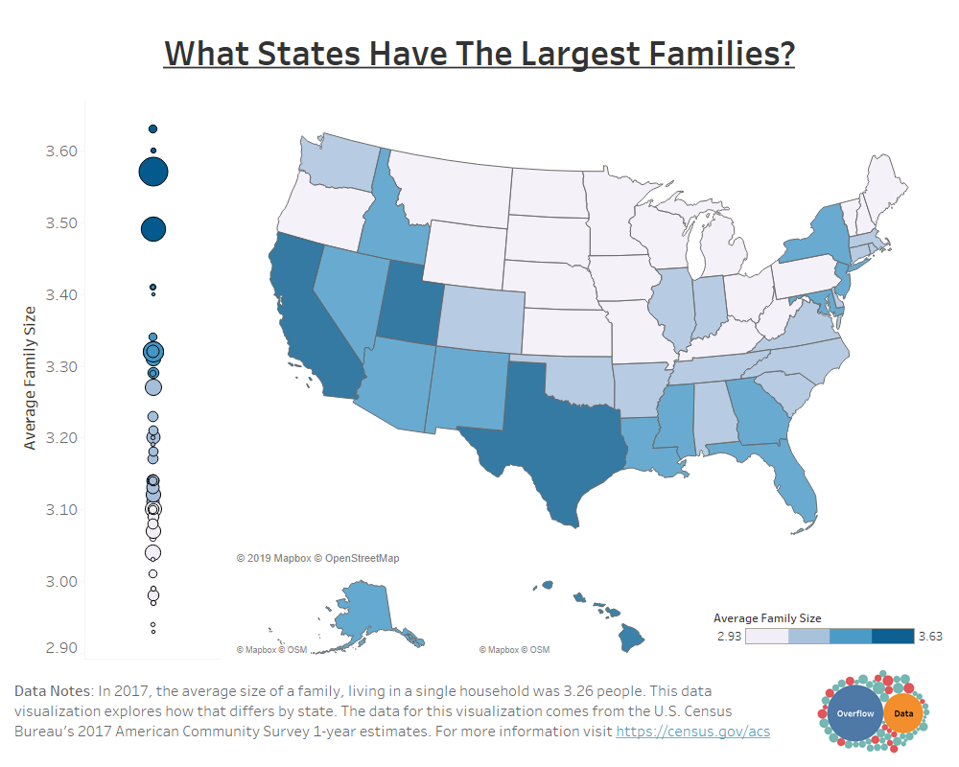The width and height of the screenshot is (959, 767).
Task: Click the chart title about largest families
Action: coord(479,53)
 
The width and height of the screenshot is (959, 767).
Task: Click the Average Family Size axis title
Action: coord(30,377)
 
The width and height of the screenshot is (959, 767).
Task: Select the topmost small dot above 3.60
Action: coord(152,128)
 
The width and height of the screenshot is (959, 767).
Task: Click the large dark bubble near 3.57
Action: coord(153,172)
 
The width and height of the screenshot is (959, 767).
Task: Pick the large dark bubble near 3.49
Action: coord(153,229)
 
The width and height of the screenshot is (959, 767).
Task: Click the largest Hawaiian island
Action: coord(632,637)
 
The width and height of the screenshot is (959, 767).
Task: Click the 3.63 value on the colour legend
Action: coord(928,636)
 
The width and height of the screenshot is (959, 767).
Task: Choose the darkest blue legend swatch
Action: coord(893,636)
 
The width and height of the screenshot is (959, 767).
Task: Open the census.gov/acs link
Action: coord(692,732)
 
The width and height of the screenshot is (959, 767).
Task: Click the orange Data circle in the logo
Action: coord(903,714)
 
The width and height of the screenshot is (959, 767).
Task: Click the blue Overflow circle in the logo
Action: coord(854,714)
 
